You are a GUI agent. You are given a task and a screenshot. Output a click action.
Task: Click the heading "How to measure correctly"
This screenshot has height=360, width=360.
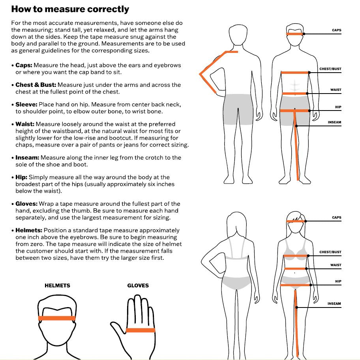click(x=70, y=9)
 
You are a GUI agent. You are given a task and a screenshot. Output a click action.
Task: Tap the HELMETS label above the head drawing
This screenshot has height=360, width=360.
click(x=57, y=285)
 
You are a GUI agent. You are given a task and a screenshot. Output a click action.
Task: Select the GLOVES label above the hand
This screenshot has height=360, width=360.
click(x=138, y=285)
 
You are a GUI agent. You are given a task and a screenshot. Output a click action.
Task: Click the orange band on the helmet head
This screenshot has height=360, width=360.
click(x=57, y=318)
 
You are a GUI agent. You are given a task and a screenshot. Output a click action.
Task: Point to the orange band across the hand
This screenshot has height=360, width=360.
click(x=141, y=330)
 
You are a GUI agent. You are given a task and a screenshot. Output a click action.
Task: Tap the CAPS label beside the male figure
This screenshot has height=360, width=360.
click(x=337, y=30)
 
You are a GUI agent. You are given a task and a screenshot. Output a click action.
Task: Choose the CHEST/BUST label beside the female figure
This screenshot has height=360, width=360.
click(x=330, y=252)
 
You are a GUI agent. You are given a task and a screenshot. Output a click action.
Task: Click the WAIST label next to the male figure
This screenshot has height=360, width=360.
click(x=336, y=90)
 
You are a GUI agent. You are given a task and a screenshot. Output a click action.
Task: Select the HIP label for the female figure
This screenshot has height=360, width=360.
click(x=338, y=281)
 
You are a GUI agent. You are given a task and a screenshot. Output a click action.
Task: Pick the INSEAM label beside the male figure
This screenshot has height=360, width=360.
click(x=334, y=122)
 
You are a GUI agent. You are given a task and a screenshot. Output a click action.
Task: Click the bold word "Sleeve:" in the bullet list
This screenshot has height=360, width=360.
click(x=26, y=105)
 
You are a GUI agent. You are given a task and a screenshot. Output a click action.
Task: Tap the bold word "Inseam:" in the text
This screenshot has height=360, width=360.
click(x=27, y=157)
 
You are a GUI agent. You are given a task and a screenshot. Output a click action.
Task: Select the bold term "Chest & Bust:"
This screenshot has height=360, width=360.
click(x=36, y=85)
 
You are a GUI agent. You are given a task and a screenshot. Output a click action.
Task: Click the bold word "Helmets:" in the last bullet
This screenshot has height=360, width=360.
click(x=29, y=230)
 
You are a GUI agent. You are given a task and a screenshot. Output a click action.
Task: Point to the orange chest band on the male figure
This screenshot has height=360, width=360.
click(x=295, y=73)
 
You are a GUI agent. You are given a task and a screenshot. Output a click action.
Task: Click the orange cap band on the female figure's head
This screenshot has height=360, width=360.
click(x=296, y=221)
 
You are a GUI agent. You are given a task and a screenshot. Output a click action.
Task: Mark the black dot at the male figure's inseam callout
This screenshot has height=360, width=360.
click(x=296, y=126)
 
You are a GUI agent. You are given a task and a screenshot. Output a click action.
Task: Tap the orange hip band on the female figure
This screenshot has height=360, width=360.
click(x=296, y=285)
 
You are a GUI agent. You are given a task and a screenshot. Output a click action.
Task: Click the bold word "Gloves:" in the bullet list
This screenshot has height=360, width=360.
click(x=26, y=204)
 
